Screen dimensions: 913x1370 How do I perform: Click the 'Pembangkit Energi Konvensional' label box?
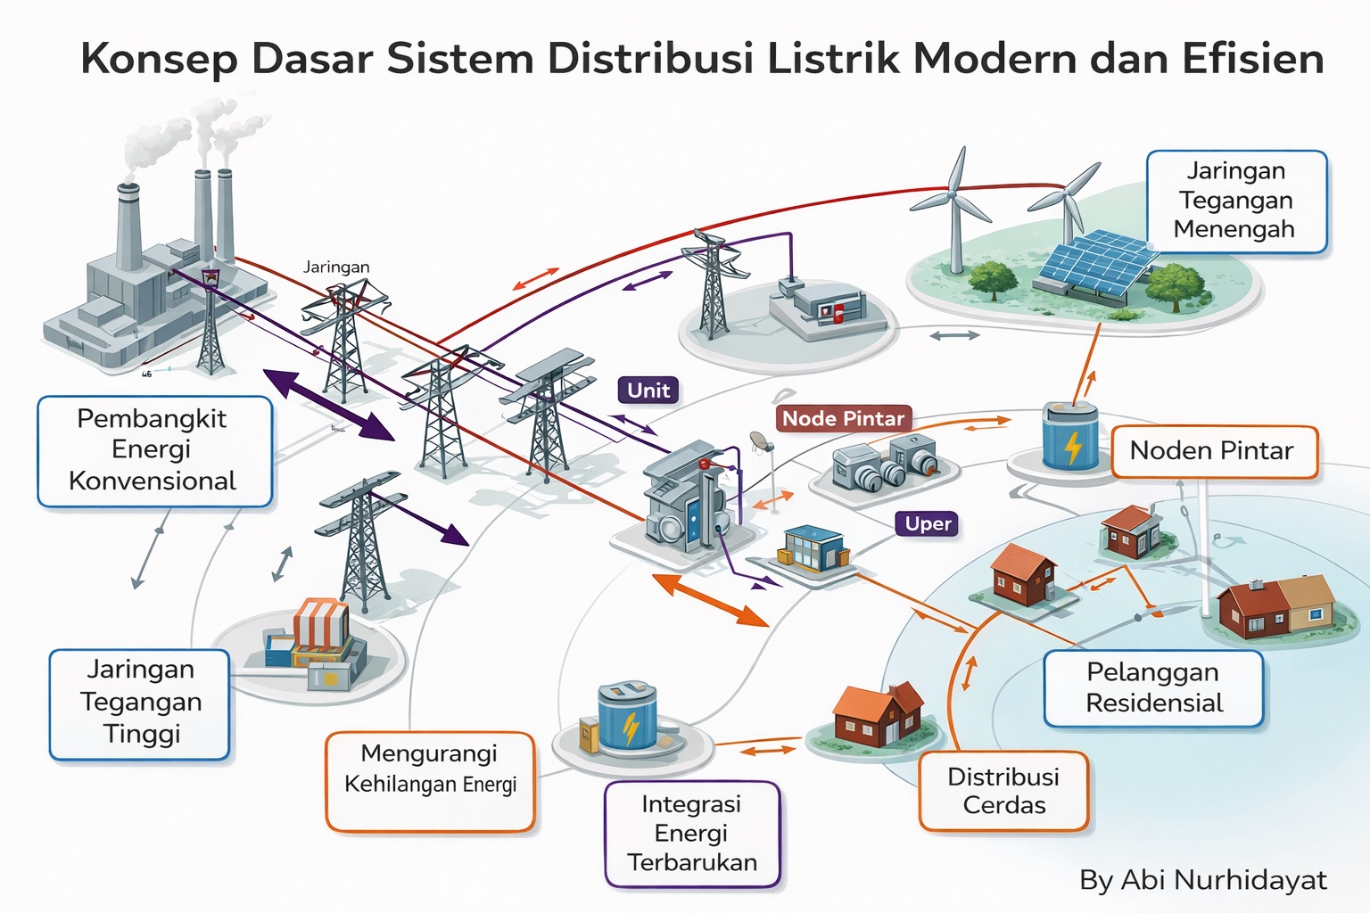click(154, 451)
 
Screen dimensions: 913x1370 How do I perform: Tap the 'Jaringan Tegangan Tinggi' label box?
click(140, 703)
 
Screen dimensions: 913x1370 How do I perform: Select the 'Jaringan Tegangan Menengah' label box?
click(1236, 201)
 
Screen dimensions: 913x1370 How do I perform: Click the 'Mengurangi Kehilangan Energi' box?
click(430, 781)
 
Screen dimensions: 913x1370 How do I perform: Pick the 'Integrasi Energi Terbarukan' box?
click(692, 834)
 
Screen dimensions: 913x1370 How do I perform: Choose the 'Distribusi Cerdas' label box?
click(1003, 791)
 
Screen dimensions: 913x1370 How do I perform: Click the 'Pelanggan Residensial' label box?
click(1153, 687)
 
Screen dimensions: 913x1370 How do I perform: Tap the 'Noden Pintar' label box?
click(1213, 451)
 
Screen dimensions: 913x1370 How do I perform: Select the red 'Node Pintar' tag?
click(843, 418)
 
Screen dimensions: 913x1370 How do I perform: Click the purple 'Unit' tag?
click(648, 391)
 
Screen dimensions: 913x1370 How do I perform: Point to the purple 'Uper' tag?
click(928, 523)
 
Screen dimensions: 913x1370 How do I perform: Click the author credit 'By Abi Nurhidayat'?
click(1202, 880)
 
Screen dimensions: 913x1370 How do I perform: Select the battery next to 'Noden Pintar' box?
click(1070, 436)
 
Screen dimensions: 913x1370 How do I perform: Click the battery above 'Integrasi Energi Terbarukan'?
click(628, 718)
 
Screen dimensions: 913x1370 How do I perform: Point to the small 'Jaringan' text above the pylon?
click(336, 267)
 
